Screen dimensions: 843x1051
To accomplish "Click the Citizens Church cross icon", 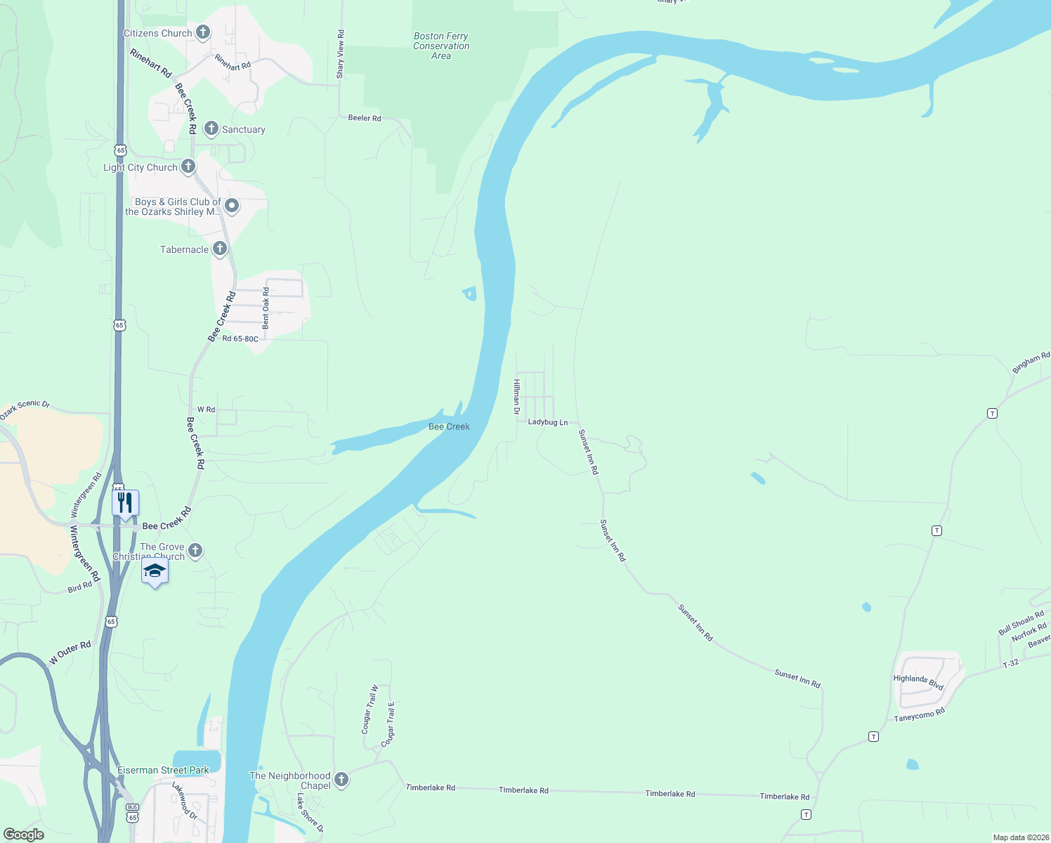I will click(x=203, y=32).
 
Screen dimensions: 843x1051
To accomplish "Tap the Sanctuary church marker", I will click(x=211, y=129).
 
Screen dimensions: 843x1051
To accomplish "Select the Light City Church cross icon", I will click(x=188, y=166).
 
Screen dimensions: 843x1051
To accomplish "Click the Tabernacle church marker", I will click(x=220, y=249).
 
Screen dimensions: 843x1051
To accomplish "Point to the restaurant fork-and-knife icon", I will click(x=125, y=503).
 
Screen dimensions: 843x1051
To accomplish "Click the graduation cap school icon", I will click(x=155, y=571).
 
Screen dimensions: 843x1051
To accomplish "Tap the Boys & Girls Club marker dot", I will click(x=232, y=206).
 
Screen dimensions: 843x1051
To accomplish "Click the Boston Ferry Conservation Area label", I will click(x=441, y=46).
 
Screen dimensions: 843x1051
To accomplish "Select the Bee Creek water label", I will click(x=449, y=426).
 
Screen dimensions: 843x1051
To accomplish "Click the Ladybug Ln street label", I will click(x=547, y=422).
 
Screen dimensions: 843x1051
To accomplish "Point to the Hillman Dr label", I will click(x=516, y=397).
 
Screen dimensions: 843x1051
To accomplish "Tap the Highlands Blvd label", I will click(x=918, y=681).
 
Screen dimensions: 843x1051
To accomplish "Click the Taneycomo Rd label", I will click(x=920, y=715).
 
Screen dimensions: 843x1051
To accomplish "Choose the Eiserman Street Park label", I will click(x=163, y=770).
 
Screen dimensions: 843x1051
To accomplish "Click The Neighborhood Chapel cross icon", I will click(x=341, y=779).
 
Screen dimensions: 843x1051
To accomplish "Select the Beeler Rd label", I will click(x=365, y=118).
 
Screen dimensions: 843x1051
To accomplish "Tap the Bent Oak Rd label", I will click(x=266, y=308).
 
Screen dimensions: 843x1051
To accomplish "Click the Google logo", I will click(x=23, y=835).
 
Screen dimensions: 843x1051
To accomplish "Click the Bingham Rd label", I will click(x=1031, y=363).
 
